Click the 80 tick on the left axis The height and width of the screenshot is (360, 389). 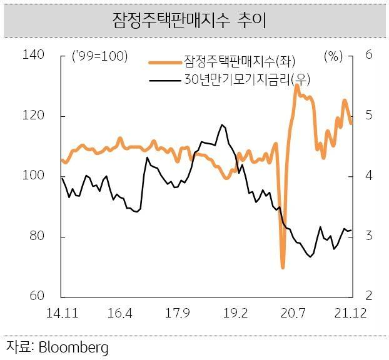pyautogui.click(x=37, y=237)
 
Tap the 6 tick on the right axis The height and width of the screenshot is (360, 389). pyautogui.click(x=369, y=55)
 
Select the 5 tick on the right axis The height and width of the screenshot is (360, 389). pyautogui.click(x=369, y=116)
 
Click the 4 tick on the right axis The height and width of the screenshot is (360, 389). pyautogui.click(x=369, y=176)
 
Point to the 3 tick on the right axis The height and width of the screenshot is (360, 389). pyautogui.click(x=369, y=237)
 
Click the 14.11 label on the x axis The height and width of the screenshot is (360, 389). pyautogui.click(x=61, y=312)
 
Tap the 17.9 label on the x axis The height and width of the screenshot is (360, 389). pyautogui.click(x=178, y=312)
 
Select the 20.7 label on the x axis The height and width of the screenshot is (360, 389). pyautogui.click(x=294, y=312)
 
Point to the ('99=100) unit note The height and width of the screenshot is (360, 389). pyautogui.click(x=100, y=56)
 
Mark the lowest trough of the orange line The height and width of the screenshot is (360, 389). pyautogui.click(x=283, y=267)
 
